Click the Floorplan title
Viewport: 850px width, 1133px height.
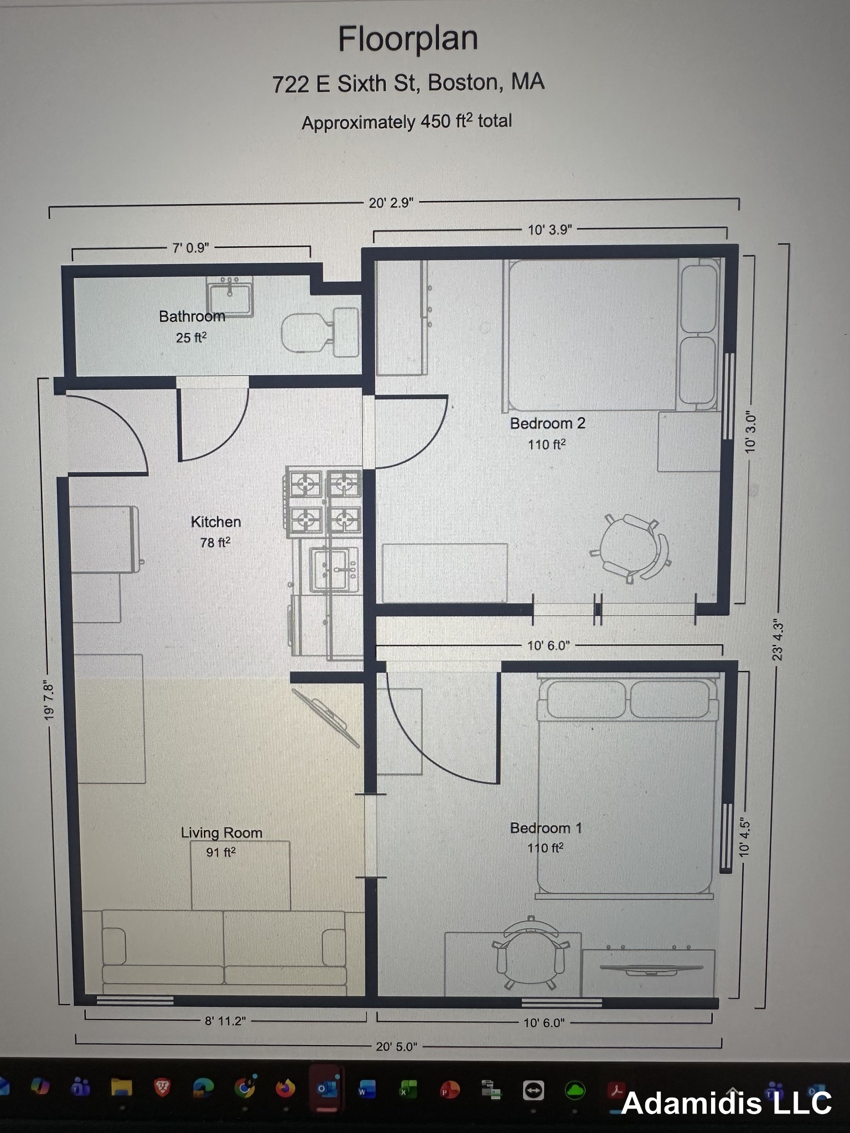tap(408, 39)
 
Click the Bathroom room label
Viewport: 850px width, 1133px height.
tap(192, 316)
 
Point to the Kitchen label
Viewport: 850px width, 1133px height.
tap(216, 522)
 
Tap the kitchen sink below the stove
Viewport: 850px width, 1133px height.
tap(334, 569)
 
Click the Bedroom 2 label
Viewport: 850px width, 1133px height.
tap(547, 424)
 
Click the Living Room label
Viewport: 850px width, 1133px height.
tap(221, 833)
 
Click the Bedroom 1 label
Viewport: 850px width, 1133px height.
tap(546, 828)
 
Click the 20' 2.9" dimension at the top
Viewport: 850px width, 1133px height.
tap(391, 203)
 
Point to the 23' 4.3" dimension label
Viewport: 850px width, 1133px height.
tap(778, 640)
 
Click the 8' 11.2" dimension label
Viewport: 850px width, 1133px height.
tap(225, 1021)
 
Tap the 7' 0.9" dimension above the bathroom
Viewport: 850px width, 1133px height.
tap(191, 248)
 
